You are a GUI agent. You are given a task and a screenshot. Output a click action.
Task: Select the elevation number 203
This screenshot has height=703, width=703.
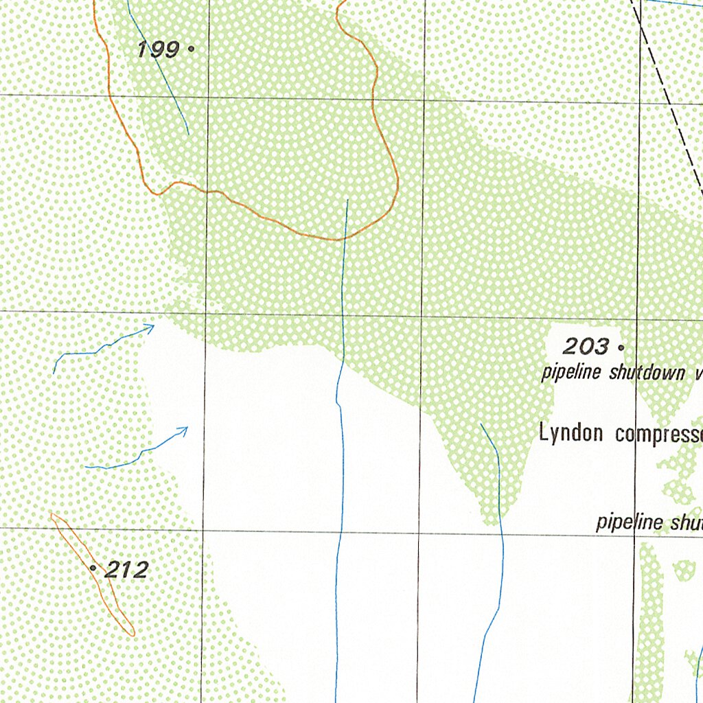pyautogui.click(x=586, y=346)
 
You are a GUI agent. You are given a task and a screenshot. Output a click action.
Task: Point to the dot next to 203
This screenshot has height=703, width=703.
pyautogui.click(x=620, y=347)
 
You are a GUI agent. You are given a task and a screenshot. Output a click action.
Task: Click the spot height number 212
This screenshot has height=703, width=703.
pyautogui.click(x=127, y=569)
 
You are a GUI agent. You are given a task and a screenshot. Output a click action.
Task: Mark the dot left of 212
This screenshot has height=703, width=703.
pyautogui.click(x=93, y=568)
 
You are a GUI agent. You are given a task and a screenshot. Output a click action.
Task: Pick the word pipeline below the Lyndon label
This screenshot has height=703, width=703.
pyautogui.click(x=628, y=522)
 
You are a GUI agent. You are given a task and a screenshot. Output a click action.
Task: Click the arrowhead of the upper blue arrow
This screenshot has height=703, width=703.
pyautogui.click(x=152, y=327)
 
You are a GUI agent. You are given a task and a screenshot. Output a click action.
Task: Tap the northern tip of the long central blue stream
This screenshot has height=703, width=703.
pyautogui.click(x=348, y=200)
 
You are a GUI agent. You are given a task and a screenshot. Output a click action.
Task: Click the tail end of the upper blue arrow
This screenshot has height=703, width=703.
pyautogui.click(x=54, y=373)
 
